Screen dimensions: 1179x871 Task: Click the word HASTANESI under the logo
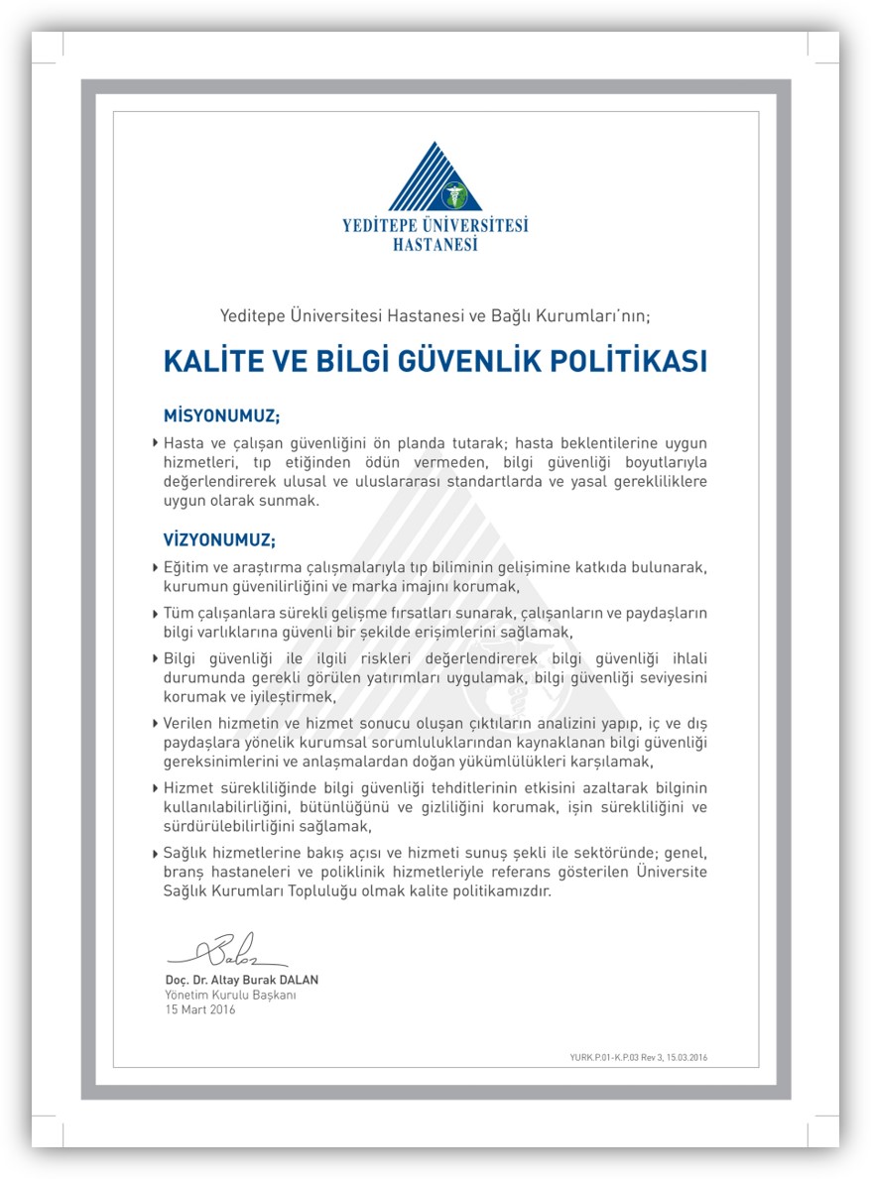pyautogui.click(x=435, y=244)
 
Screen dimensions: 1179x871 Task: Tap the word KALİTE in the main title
pyautogui.click(x=211, y=361)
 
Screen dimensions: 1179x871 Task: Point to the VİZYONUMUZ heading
pyautogui.click(x=219, y=540)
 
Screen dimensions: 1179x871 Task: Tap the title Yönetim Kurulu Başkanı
pyautogui.click(x=230, y=995)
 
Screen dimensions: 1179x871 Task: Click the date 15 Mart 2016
pyautogui.click(x=200, y=1009)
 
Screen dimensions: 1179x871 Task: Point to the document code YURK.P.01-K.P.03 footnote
pyautogui.click(x=632, y=1058)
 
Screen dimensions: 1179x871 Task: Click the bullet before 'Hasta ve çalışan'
pyautogui.click(x=156, y=442)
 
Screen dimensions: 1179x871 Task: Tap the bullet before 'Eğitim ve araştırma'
pyautogui.click(x=156, y=568)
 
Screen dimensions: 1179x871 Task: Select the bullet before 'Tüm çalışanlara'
pyautogui.click(x=156, y=614)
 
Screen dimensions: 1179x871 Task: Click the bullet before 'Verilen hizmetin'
pyautogui.click(x=156, y=724)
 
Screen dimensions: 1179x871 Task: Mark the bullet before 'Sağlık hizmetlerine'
pyautogui.click(x=156, y=853)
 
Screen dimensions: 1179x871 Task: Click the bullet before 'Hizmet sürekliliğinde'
pyautogui.click(x=156, y=788)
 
